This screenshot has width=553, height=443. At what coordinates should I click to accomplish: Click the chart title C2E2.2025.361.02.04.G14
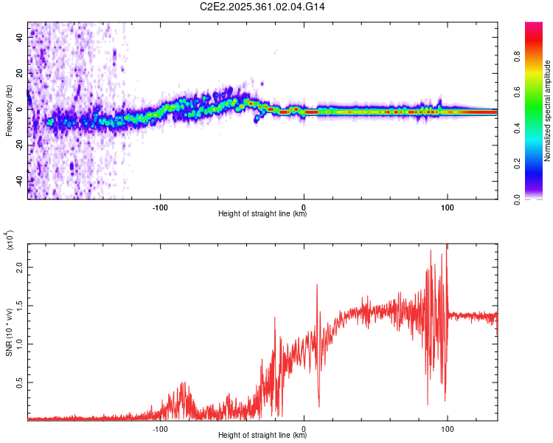pyautogui.click(x=262, y=7)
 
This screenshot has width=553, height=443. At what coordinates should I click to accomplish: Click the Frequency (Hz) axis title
pyautogui.click(x=8, y=111)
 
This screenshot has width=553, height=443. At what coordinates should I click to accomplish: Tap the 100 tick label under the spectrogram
pyautogui.click(x=447, y=207)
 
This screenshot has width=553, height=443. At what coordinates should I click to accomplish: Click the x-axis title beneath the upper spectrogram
pyautogui.click(x=262, y=214)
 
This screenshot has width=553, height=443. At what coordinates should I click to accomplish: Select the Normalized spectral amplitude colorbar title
pyautogui.click(x=548, y=111)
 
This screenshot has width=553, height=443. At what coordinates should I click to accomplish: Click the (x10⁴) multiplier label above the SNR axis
pyautogui.click(x=10, y=240)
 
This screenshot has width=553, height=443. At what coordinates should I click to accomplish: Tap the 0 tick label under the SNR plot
pyautogui.click(x=305, y=429)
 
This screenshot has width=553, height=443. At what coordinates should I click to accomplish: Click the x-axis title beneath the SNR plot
pyautogui.click(x=262, y=436)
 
